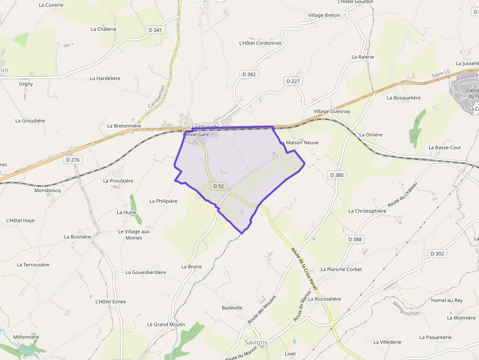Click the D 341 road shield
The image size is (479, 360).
154,30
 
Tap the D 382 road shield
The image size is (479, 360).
249,74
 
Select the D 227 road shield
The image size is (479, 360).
292,81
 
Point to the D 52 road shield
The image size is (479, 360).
218,186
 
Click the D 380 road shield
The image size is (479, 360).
337,175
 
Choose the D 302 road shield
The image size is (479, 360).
437,254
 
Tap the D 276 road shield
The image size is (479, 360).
72,160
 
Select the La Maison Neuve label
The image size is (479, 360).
299,143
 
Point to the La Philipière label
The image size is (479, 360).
163,201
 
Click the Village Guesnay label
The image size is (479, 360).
332,111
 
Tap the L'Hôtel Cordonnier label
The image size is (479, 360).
261,43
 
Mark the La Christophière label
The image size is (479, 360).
367,211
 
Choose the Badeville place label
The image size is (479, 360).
232,308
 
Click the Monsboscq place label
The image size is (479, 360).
47,191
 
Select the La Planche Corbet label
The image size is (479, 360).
341,269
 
